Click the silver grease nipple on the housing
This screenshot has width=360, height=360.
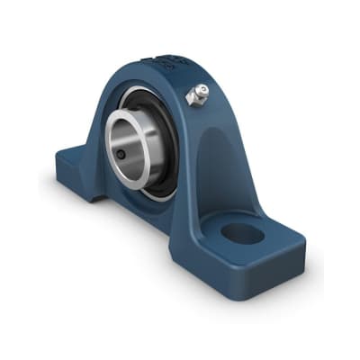click(x=196, y=94)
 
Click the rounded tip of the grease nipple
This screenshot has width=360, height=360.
click(x=202, y=89)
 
